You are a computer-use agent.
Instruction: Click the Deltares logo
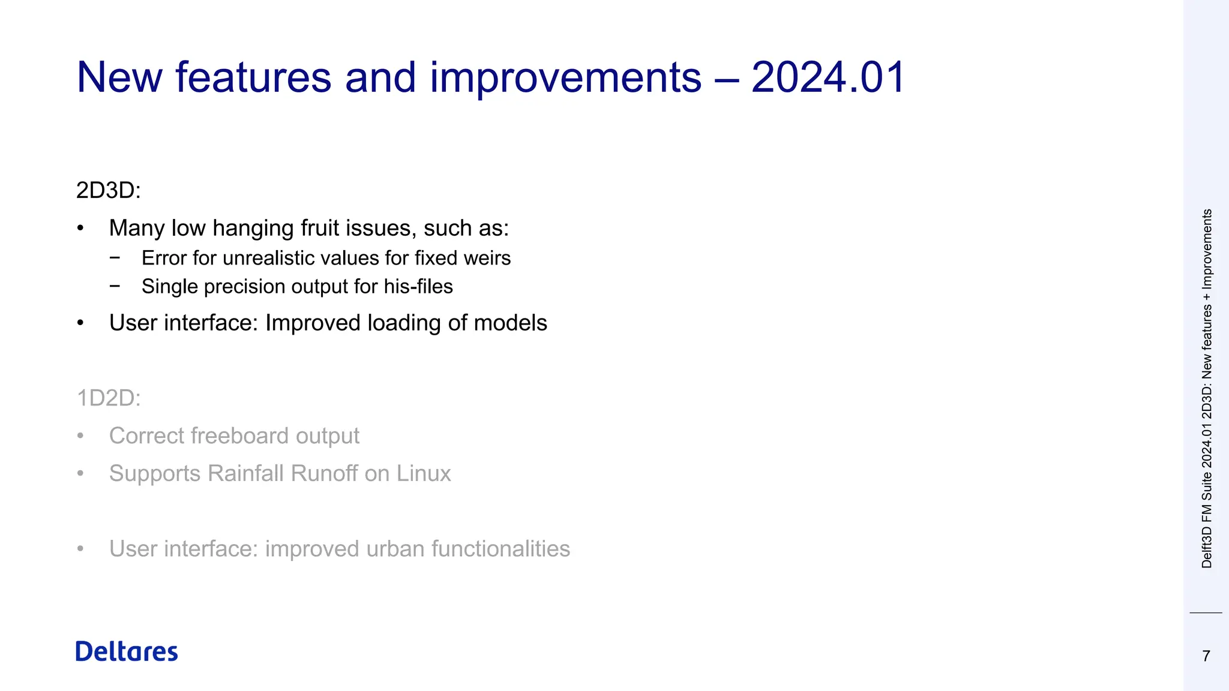click(x=127, y=651)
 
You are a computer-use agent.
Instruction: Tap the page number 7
click(x=1206, y=656)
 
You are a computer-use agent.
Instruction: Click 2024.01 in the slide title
click(x=828, y=77)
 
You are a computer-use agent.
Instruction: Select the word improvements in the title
click(x=565, y=77)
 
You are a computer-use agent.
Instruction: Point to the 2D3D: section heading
click(x=109, y=191)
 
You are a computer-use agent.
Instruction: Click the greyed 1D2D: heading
click(x=109, y=398)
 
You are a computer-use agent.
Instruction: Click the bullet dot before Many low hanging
click(x=80, y=229)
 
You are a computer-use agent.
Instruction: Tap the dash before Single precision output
click(x=115, y=286)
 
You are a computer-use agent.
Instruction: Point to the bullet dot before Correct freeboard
click(x=80, y=437)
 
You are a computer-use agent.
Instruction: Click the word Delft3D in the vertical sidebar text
click(x=1207, y=548)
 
